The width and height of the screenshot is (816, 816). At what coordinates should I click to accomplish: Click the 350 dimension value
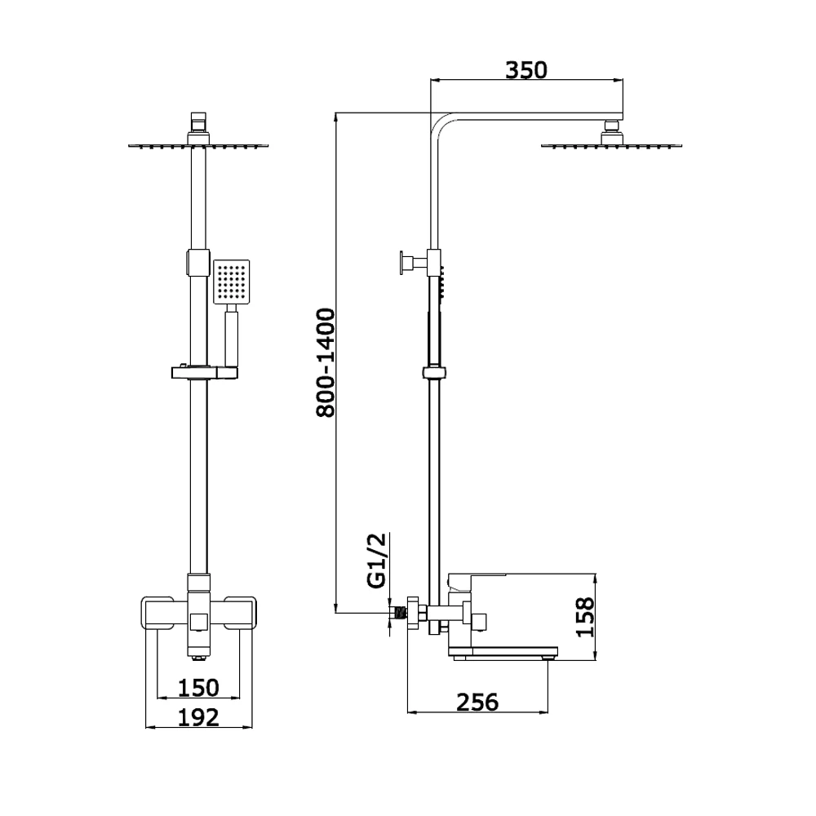tap(526, 70)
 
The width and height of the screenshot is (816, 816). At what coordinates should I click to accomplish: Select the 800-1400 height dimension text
tap(326, 363)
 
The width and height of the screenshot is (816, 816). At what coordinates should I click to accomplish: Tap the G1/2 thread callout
tap(377, 561)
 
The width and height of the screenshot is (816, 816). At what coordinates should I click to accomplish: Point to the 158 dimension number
tap(585, 617)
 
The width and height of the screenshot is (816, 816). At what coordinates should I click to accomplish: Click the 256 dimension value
tap(477, 702)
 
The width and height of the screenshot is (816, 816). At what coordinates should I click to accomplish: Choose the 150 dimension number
tap(198, 687)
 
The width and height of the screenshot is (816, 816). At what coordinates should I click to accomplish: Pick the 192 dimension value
tap(198, 717)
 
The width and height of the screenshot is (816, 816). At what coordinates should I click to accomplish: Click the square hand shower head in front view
tap(232, 282)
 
